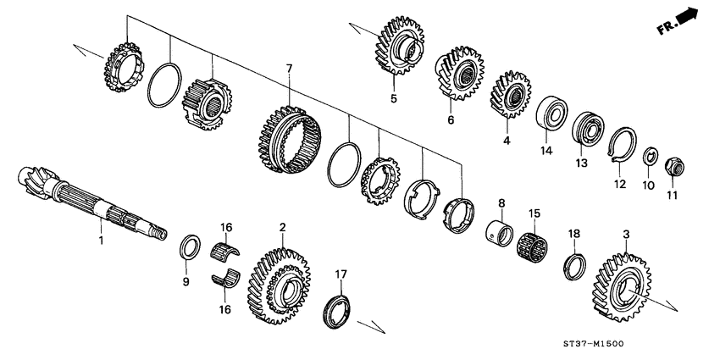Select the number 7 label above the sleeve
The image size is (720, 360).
pyautogui.click(x=289, y=67)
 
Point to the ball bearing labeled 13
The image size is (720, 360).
pyautogui.click(x=585, y=131)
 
